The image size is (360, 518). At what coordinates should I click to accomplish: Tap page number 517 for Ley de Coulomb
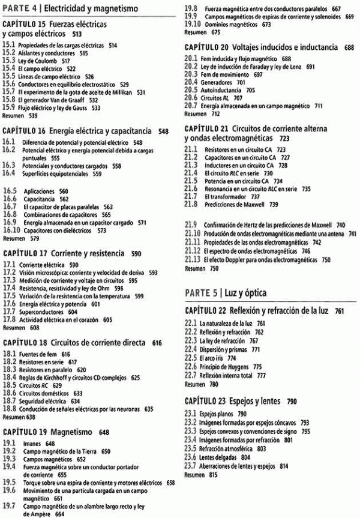[65, 61]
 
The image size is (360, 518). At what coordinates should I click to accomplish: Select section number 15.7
[9, 92]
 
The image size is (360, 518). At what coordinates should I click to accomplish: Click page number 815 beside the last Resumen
[214, 474]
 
